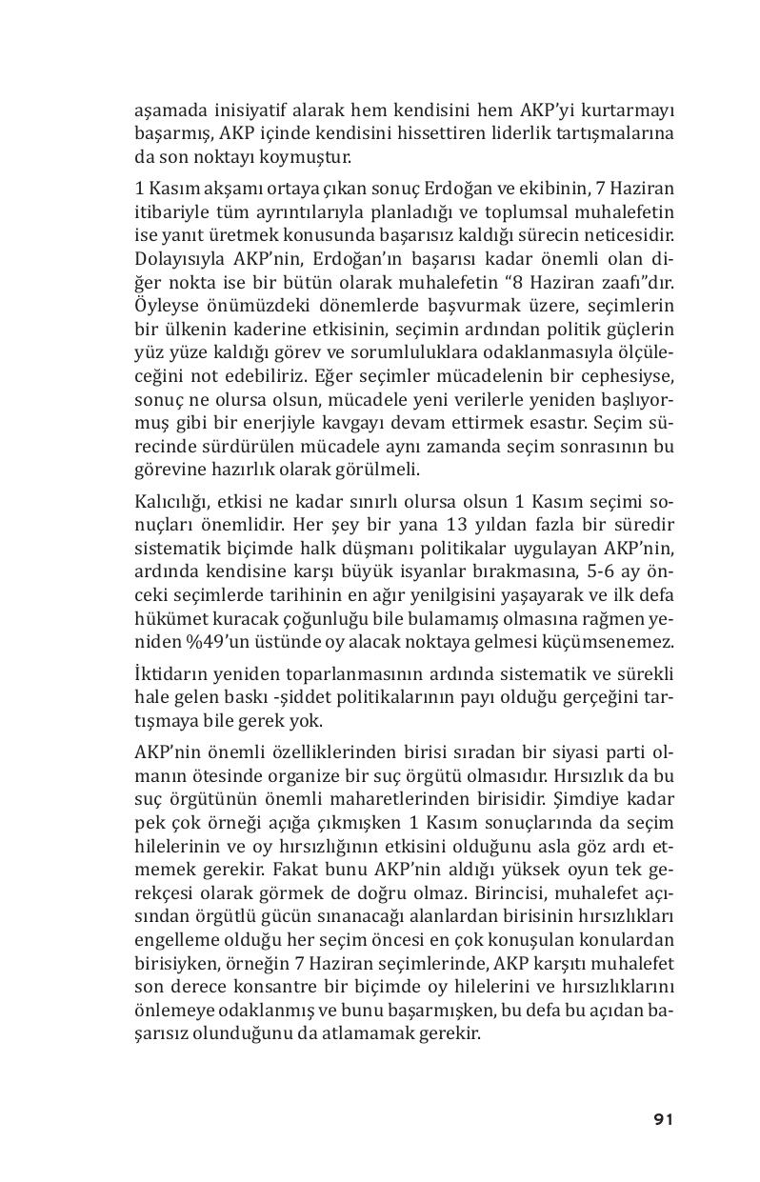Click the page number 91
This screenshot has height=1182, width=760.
pyautogui.click(x=663, y=1119)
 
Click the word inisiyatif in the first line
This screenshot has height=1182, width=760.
pyautogui.click(x=240, y=109)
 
